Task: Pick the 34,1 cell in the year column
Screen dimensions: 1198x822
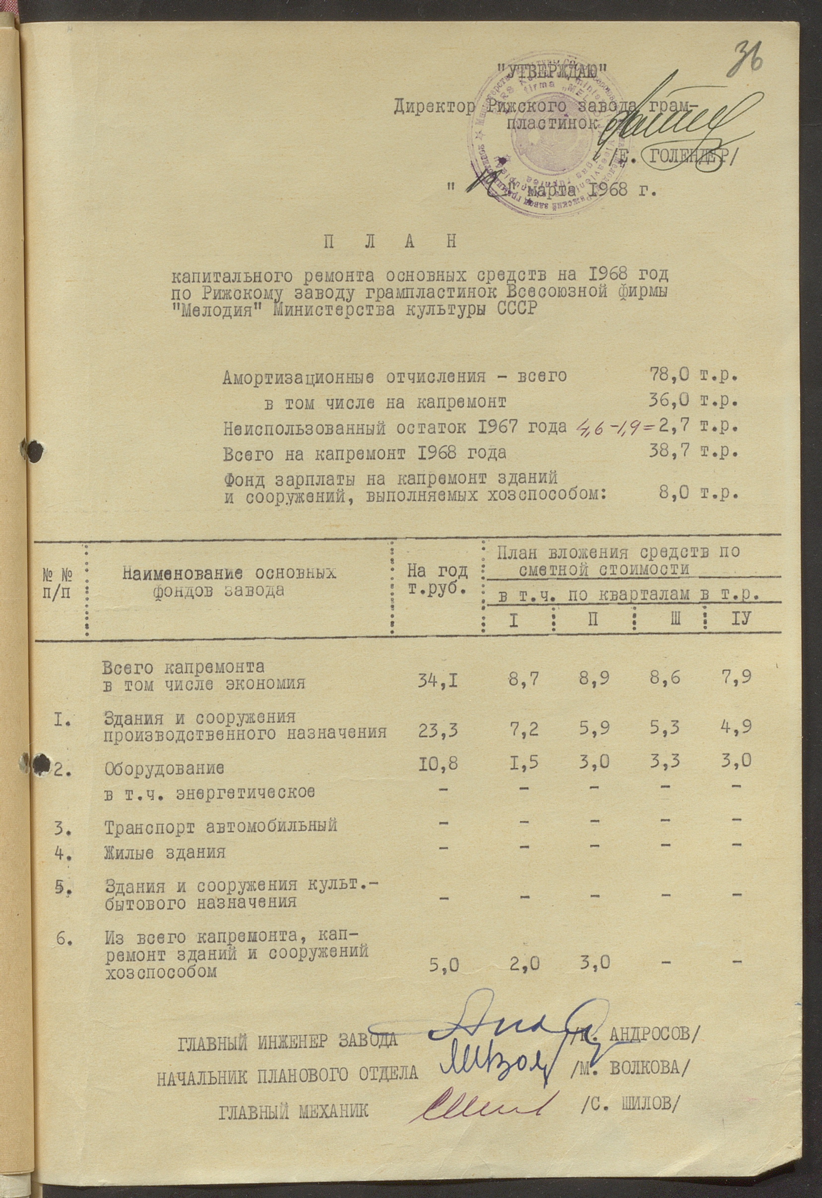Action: click(x=438, y=683)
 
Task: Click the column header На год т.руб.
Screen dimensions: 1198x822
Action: click(x=437, y=579)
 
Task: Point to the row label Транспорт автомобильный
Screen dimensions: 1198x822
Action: click(x=221, y=826)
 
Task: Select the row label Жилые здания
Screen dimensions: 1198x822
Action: click(x=165, y=851)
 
